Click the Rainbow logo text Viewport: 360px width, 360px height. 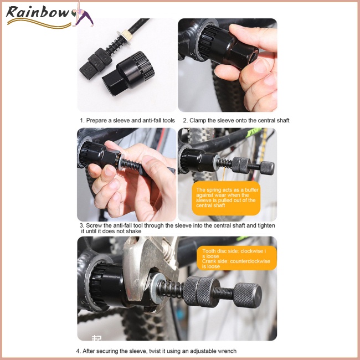click(x=39, y=13)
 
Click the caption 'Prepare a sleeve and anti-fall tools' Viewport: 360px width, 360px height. click(x=127, y=120)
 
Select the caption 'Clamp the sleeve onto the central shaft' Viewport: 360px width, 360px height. click(x=236, y=120)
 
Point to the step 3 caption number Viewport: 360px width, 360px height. click(x=81, y=225)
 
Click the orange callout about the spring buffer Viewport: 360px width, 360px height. click(x=226, y=198)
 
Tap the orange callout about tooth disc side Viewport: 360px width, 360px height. click(x=236, y=259)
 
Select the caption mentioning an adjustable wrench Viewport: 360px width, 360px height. click(x=157, y=351)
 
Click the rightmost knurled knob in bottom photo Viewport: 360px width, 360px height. click(x=246, y=296)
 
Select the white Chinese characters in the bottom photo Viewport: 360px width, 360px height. click(x=97, y=336)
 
